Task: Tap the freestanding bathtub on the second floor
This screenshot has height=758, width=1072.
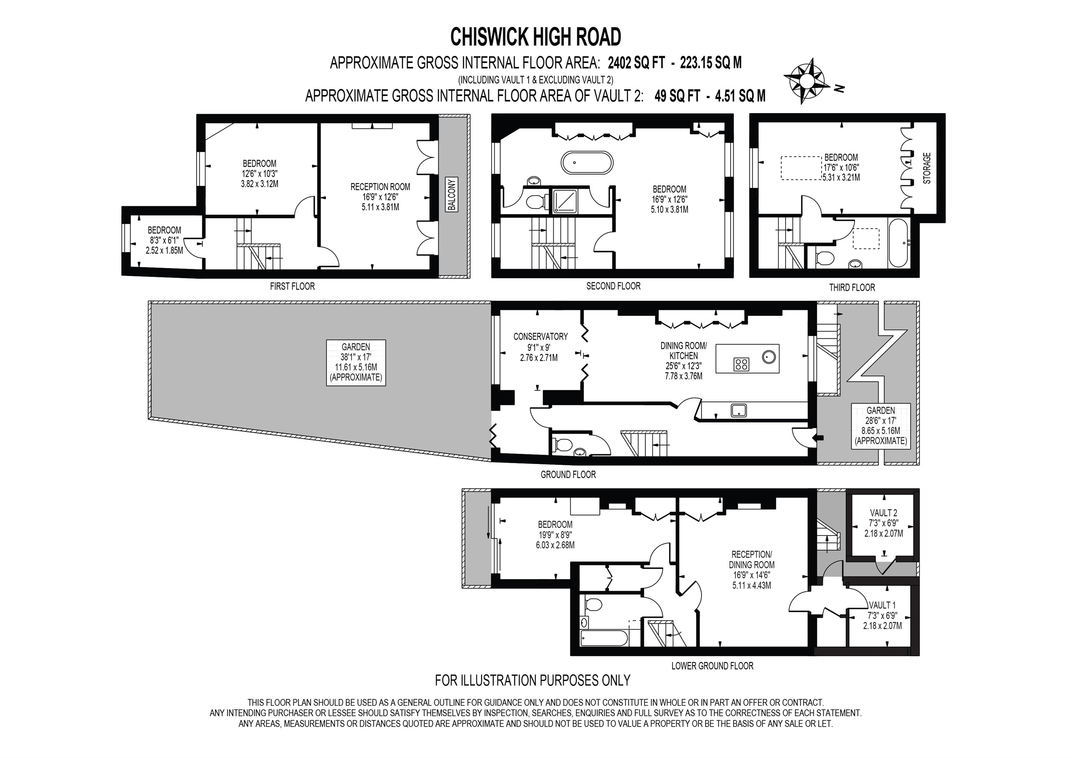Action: tap(586, 163)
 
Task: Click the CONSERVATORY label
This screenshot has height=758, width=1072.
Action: tap(540, 336)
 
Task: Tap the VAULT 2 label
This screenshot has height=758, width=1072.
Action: tap(884, 513)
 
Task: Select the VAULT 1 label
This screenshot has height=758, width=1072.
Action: tap(882, 605)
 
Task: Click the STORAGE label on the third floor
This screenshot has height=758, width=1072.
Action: tap(927, 168)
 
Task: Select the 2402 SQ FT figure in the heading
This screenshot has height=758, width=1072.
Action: tap(635, 62)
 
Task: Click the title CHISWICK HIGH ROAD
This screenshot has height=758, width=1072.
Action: tap(536, 37)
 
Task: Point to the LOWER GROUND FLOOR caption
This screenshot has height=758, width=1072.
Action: tap(712, 665)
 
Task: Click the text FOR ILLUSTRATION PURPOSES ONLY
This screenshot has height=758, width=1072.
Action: tap(532, 681)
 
